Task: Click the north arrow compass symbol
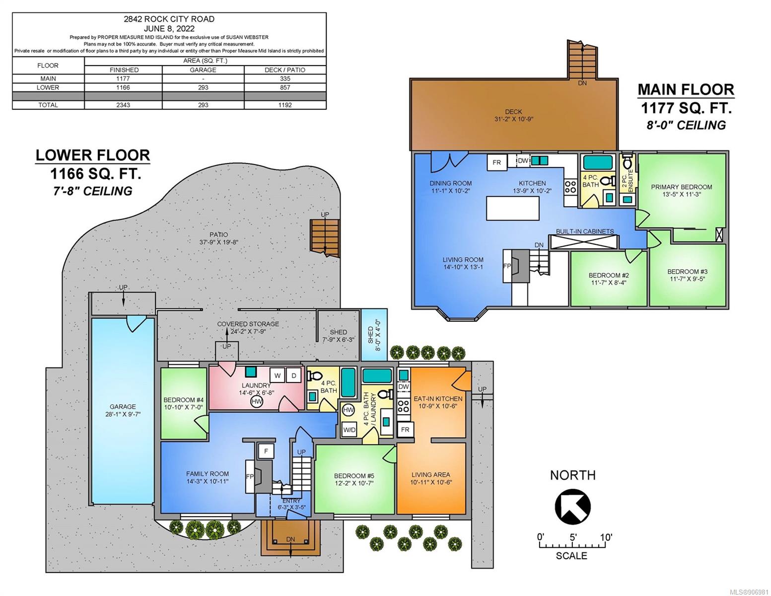click(572, 506)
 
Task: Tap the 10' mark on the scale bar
click(606, 537)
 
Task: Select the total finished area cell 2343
click(123, 105)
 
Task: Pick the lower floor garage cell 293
click(203, 87)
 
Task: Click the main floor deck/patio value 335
click(285, 78)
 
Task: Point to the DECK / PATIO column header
click(285, 70)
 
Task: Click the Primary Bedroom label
click(681, 187)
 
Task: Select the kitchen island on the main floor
click(512, 208)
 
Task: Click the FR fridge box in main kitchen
click(496, 162)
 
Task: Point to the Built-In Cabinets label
click(585, 231)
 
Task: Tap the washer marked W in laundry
click(277, 375)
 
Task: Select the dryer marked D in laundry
click(293, 375)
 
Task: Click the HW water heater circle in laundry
click(257, 402)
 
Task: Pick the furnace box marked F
click(266, 451)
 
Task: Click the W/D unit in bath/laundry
click(349, 430)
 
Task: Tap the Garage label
click(123, 407)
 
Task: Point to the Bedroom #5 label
click(354, 476)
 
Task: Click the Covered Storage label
click(248, 324)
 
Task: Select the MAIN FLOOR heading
click(686, 90)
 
